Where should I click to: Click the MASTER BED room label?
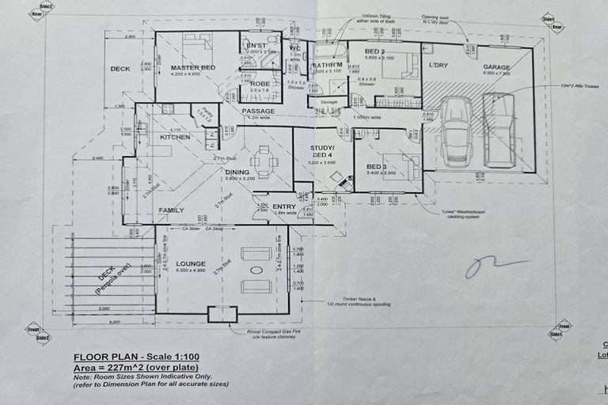193,68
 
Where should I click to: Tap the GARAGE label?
496,67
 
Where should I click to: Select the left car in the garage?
456,131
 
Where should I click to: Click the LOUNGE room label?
192,263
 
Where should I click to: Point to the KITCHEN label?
175,137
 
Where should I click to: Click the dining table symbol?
264,161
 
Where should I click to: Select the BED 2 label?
374,51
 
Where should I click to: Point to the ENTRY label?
283,206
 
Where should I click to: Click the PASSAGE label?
258,111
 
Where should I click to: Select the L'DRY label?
439,64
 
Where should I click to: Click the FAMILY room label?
171,210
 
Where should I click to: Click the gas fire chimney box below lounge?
222,314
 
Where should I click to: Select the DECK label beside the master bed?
120,69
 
